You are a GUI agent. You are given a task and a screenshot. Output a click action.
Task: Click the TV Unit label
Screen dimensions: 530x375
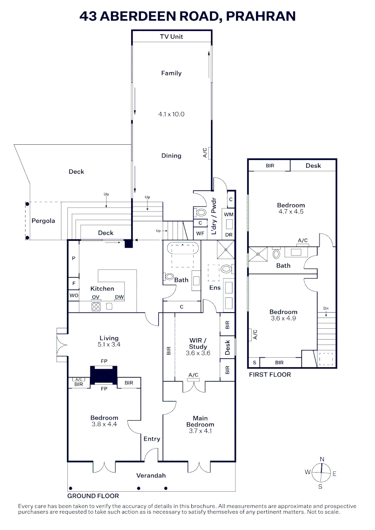pyautogui.click(x=172, y=37)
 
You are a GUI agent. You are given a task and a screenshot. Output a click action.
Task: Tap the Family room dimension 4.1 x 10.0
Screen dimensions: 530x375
pyautogui.click(x=172, y=114)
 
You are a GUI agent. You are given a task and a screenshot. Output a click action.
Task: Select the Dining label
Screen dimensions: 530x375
pyautogui.click(x=172, y=156)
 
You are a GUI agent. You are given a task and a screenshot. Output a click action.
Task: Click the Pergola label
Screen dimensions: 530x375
pyautogui.click(x=43, y=221)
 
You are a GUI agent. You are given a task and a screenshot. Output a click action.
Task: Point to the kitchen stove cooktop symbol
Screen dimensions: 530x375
pyautogui.click(x=96, y=307)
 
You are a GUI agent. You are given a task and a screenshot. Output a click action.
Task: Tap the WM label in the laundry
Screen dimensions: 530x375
pyautogui.click(x=228, y=215)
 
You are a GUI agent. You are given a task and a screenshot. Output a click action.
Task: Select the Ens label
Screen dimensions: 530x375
pyautogui.click(x=215, y=288)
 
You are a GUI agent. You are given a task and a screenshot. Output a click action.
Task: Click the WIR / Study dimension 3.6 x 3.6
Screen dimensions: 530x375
pyautogui.click(x=198, y=353)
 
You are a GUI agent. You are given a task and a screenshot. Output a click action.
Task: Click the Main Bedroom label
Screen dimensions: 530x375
pyautogui.click(x=200, y=422)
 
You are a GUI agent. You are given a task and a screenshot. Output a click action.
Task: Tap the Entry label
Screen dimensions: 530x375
pyautogui.click(x=151, y=439)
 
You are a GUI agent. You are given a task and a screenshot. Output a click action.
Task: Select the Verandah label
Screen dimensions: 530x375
pyautogui.click(x=151, y=476)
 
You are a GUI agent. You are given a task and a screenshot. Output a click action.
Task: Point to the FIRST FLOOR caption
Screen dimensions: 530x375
pyautogui.click(x=270, y=374)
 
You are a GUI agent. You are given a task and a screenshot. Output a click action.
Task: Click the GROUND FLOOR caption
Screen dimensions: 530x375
pyautogui.click(x=93, y=496)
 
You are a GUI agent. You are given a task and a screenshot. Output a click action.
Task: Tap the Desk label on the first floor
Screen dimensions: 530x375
pyautogui.click(x=313, y=166)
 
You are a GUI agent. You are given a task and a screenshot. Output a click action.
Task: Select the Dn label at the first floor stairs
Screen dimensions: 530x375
pyautogui.click(x=325, y=309)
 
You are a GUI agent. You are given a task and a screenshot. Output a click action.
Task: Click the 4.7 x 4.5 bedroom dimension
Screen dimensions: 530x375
pyautogui.click(x=290, y=212)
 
